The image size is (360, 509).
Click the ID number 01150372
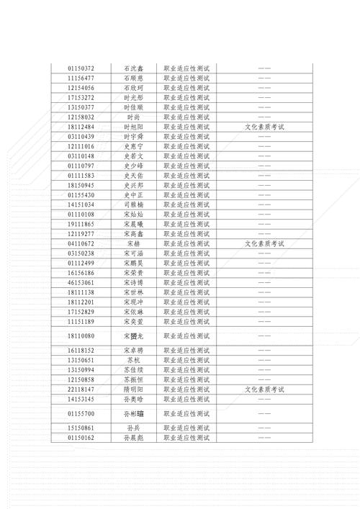[81, 68]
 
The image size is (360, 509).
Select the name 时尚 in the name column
[133, 117]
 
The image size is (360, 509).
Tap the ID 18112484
[81, 127]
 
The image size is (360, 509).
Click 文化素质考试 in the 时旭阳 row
[264, 127]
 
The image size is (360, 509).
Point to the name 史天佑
[133, 176]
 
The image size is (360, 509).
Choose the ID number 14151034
[81, 204]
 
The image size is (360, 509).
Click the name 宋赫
[133, 244]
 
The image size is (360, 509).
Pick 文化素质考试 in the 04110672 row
[264, 244]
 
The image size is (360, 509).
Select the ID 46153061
[81, 283]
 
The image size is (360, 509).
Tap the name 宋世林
[133, 293]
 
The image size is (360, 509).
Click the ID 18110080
[81, 336]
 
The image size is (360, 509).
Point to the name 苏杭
[133, 360]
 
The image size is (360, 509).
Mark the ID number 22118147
[81, 389]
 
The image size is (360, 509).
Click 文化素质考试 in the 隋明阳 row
[264, 389]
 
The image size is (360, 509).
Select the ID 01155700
[81, 414]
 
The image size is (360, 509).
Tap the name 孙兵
[133, 428]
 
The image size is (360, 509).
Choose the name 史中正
[133, 195]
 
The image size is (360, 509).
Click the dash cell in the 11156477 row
[264, 78]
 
